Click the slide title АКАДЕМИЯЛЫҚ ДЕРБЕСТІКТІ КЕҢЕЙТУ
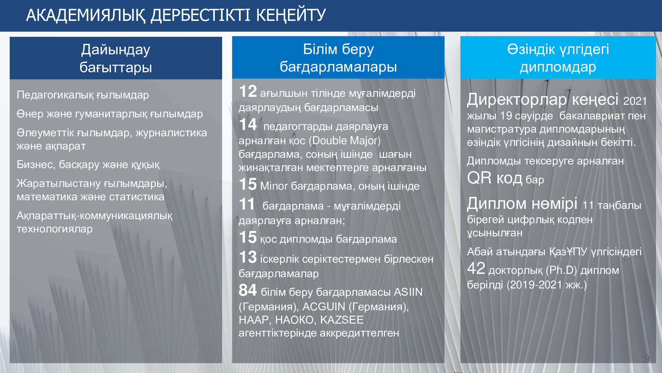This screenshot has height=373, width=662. coord(176,15)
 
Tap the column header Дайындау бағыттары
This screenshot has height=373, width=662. coord(116,58)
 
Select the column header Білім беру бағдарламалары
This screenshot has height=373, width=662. coord(338,58)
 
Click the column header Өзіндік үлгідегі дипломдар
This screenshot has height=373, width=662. coord(558,58)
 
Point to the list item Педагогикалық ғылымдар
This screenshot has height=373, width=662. coord(83,95)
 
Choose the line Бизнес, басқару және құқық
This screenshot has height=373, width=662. coord(88,164)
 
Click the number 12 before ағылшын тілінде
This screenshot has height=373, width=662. coord(248,92)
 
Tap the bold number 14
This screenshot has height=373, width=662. coord(248,125)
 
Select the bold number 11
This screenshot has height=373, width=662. coord(247,204)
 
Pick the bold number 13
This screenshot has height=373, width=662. coord(248,257)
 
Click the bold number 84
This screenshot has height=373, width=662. coord(248,290)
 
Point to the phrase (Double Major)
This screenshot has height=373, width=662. coord(345,141)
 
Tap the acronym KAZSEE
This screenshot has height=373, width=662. coord(342,320)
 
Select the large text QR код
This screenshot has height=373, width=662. coord(495,178)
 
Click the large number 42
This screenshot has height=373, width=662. coord(476,268)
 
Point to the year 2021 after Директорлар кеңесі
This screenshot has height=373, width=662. coord(635,101)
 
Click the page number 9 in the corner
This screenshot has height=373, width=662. coord(647,358)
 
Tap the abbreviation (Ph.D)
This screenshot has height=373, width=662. coord(561,271)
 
